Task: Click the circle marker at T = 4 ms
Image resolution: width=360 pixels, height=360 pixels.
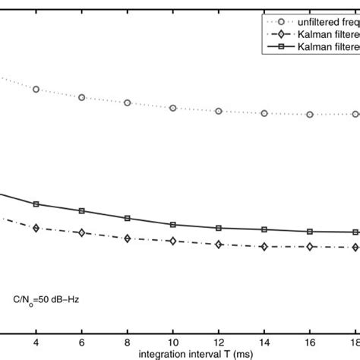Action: click(36, 90)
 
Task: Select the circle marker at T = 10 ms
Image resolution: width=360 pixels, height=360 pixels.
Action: click(173, 108)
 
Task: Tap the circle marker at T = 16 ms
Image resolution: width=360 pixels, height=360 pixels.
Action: click(310, 115)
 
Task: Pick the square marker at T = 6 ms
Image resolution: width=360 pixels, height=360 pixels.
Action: click(81, 210)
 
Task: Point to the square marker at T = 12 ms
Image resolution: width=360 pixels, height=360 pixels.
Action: click(219, 228)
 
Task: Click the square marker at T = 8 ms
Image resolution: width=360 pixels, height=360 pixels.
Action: click(128, 219)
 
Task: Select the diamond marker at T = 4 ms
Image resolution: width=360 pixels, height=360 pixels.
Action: click(36, 227)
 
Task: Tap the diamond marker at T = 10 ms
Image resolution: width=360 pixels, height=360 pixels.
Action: click(173, 242)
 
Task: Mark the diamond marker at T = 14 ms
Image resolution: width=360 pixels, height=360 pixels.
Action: click(264, 246)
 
